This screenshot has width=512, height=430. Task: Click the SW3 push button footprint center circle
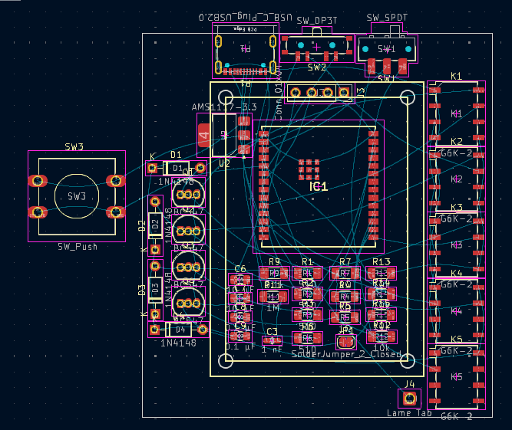coord(76,196)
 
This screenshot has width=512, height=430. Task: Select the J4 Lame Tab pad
coord(410,398)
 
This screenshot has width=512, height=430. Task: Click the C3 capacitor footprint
coord(272,340)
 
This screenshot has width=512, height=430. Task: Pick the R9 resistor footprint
coord(273,272)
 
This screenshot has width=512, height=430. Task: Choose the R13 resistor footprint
coord(382,272)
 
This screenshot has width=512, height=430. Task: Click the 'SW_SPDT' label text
coord(386,18)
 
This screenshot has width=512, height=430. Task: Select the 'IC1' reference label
coord(319,186)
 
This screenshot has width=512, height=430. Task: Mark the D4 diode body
coord(179,329)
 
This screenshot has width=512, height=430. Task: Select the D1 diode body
coord(177,168)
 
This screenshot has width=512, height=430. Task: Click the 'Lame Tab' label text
coord(409,413)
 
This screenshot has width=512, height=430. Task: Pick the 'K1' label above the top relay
coord(457,77)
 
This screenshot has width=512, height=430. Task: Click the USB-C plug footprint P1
coord(246,49)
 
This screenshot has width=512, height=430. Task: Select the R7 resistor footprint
coord(345,272)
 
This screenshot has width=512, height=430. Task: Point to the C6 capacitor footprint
coord(240,280)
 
